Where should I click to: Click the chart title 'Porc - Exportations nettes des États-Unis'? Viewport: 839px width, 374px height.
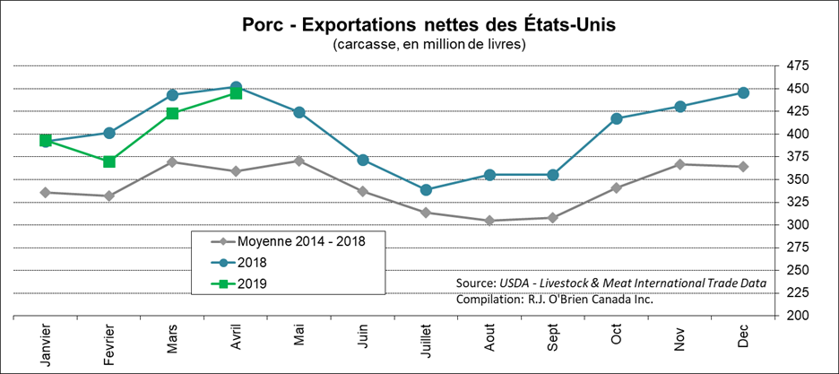pyautogui.click(x=428, y=23)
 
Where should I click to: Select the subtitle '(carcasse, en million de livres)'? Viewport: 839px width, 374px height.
pyautogui.click(x=428, y=43)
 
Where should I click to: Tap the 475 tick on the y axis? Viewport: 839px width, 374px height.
pyautogui.click(x=796, y=66)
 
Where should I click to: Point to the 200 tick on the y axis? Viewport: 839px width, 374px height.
pyautogui.click(x=796, y=316)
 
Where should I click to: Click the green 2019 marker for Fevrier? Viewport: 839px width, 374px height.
pyautogui.click(x=108, y=161)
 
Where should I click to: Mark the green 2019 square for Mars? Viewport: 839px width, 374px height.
pyautogui.click(x=172, y=113)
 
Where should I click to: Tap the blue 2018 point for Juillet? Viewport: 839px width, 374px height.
pyautogui.click(x=426, y=189)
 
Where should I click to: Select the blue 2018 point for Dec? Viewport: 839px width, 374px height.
pyautogui.click(x=742, y=92)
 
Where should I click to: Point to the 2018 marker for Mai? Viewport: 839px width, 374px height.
pyautogui.click(x=298, y=112)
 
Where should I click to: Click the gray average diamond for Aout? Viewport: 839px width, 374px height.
pyautogui.click(x=489, y=221)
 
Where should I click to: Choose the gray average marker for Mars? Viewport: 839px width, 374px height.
pyautogui.click(x=172, y=161)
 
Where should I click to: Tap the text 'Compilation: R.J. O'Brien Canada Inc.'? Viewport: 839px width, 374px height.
pyautogui.click(x=555, y=300)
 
